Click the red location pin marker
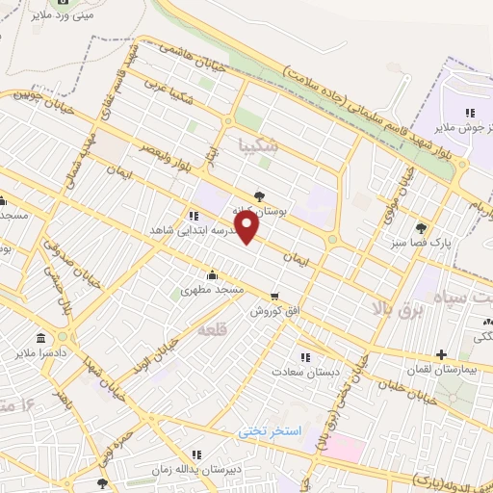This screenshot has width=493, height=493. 248,227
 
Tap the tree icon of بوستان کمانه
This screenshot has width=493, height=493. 259,195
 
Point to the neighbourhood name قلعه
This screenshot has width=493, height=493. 214,329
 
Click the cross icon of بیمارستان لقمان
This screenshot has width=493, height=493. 441,354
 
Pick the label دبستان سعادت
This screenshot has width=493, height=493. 301,370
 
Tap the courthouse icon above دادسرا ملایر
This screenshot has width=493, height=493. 40,339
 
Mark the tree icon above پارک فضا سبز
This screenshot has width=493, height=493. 421,228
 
